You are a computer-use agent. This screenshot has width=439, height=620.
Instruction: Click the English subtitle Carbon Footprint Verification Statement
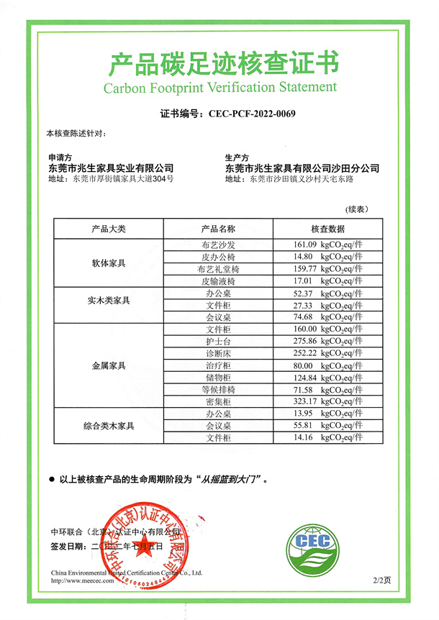(x=219, y=88)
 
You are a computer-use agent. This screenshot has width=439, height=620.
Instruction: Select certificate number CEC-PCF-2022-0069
(x=252, y=114)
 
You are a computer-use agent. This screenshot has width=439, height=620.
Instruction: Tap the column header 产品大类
(x=109, y=229)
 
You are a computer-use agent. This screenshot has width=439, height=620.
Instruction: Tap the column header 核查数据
(x=327, y=229)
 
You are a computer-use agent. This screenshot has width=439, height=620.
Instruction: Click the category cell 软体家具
(x=109, y=263)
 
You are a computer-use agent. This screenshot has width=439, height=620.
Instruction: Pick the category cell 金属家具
(x=109, y=366)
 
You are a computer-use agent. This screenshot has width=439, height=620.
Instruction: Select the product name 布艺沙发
(x=217, y=245)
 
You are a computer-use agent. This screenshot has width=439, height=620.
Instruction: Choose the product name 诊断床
(x=217, y=353)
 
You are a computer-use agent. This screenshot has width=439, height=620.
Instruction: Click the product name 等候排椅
(x=217, y=389)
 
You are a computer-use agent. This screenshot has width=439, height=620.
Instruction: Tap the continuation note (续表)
(x=357, y=209)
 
